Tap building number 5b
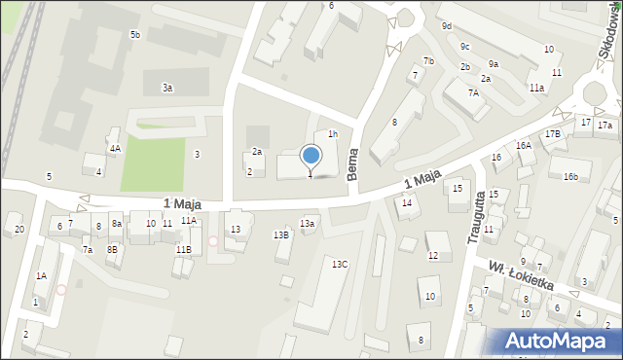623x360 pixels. [135, 35]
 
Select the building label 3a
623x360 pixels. [167, 88]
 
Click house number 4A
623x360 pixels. [115, 148]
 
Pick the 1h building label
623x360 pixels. [332, 134]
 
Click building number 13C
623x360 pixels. [339, 264]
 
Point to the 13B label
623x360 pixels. [280, 234]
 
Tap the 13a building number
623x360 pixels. [308, 224]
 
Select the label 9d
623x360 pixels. [446, 26]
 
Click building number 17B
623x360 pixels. [552, 133]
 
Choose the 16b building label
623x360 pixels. [570, 176]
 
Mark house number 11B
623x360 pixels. [183, 250]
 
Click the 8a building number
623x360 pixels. [116, 224]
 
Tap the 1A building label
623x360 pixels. [41, 275]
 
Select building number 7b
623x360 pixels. [428, 61]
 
